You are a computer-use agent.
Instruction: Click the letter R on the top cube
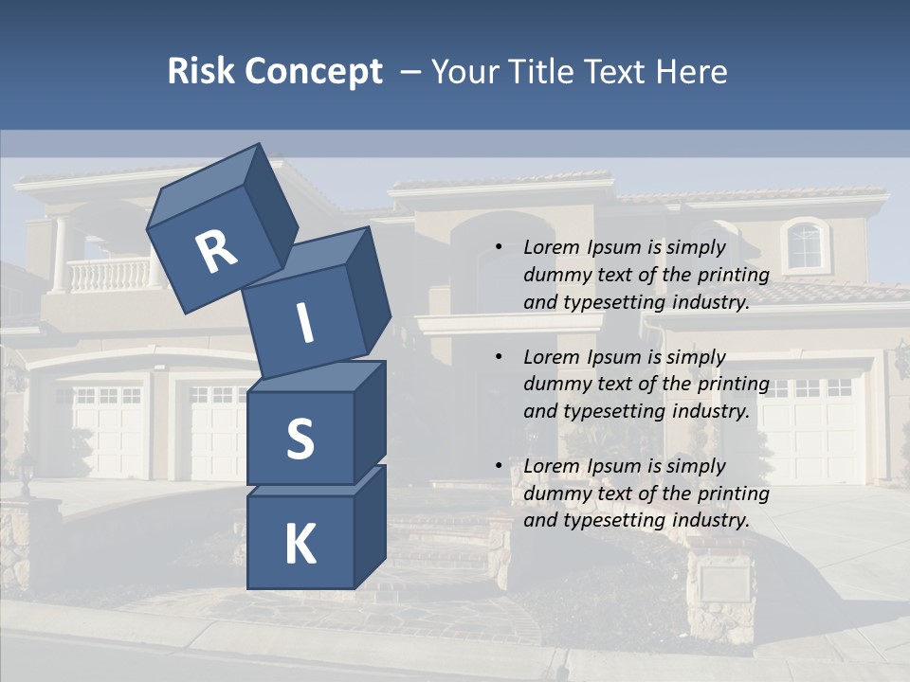coord(217,252)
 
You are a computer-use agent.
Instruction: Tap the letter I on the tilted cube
coord(305,324)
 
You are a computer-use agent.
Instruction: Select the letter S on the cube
coord(300,439)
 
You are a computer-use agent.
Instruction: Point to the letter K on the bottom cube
coord(300,545)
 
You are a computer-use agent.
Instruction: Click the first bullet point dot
coord(499,247)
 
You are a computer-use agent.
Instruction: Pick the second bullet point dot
coord(499,357)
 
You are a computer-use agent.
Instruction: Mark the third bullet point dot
coord(499,466)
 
